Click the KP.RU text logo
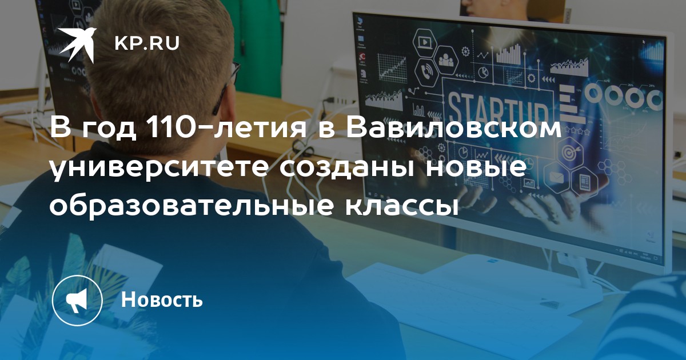[147, 43]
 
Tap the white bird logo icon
[78, 45]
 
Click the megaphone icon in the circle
[77, 300]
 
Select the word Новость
[162, 299]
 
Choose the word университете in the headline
[159, 169]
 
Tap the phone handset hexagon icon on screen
[426, 73]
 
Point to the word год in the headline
[109, 129]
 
